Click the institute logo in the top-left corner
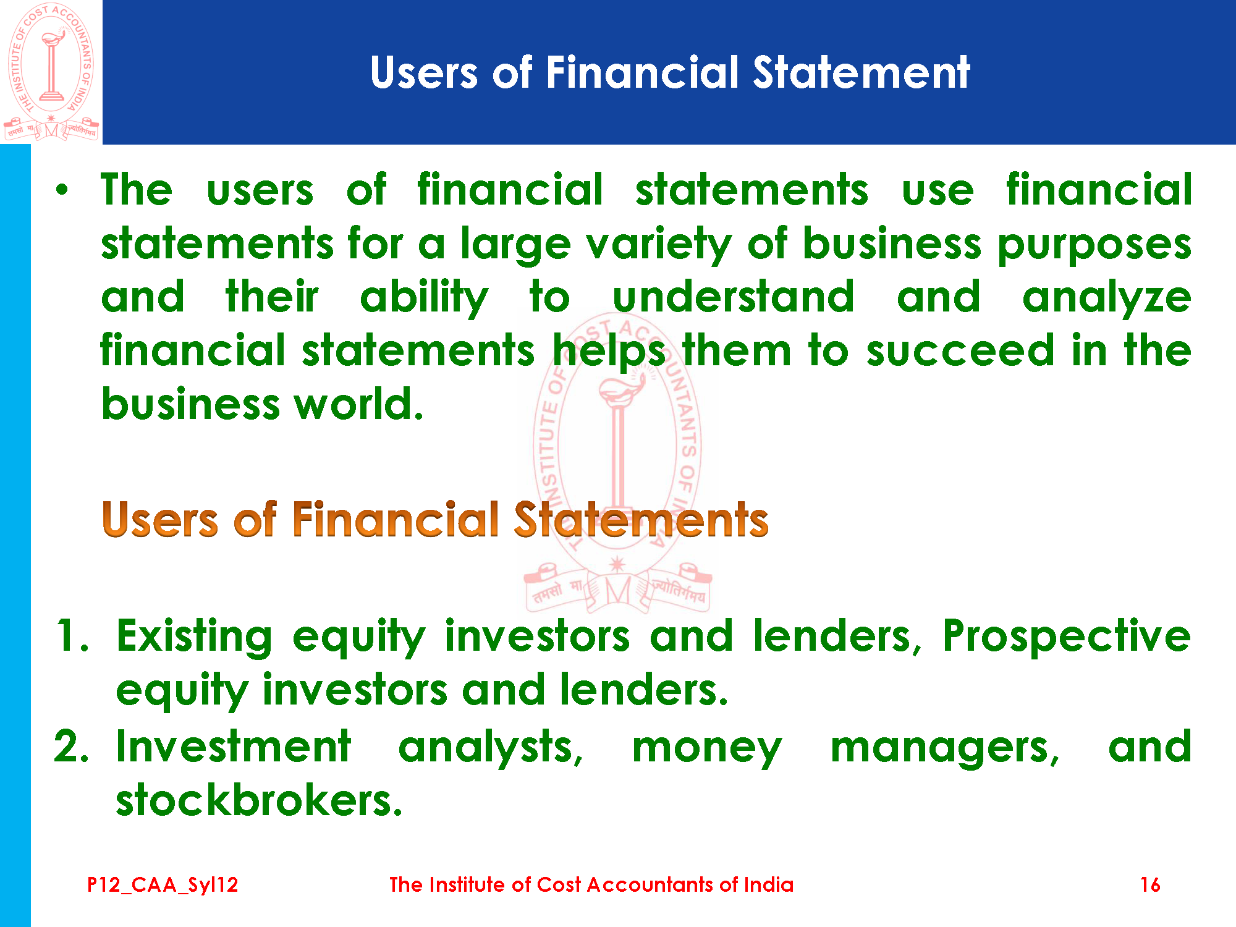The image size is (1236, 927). coord(51,72)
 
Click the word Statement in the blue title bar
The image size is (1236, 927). coord(861,73)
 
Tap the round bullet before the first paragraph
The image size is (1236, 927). coord(62,190)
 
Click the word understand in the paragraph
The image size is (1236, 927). coord(734,297)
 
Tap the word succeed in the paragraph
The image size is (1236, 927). coord(960,350)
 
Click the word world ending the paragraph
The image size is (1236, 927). coord(358,404)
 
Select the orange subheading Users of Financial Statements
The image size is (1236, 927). coord(435,519)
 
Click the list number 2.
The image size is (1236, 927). coord(71,746)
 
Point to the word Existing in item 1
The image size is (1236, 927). coord(194,637)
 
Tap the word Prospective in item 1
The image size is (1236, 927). coord(1067,637)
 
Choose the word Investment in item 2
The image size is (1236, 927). coord(234,746)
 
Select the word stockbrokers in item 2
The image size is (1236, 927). coord(259,800)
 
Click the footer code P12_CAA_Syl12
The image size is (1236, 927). coord(163,885)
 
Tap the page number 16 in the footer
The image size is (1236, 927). coord(1150,884)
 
